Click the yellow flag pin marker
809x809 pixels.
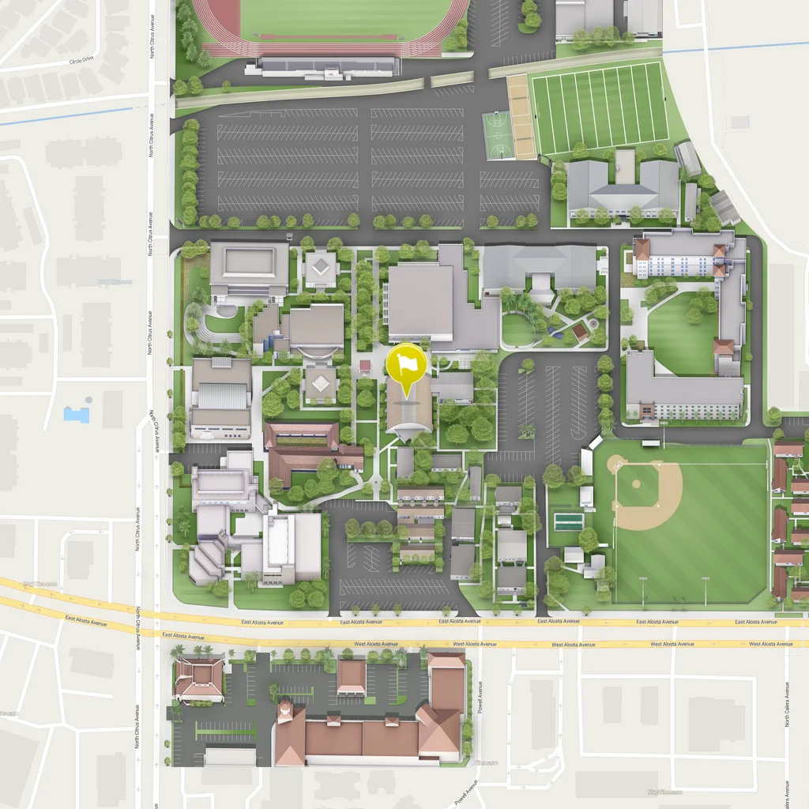click(x=406, y=364)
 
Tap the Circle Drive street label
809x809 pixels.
click(x=81, y=61)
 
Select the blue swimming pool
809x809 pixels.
click(x=77, y=413)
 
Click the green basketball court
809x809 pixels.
click(x=498, y=135)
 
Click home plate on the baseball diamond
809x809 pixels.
click(x=613, y=462)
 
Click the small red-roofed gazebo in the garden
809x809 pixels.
click(x=581, y=329)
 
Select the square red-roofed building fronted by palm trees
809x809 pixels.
click(x=199, y=678)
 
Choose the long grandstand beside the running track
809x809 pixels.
click(x=326, y=68)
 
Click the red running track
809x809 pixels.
click(x=212, y=24)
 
